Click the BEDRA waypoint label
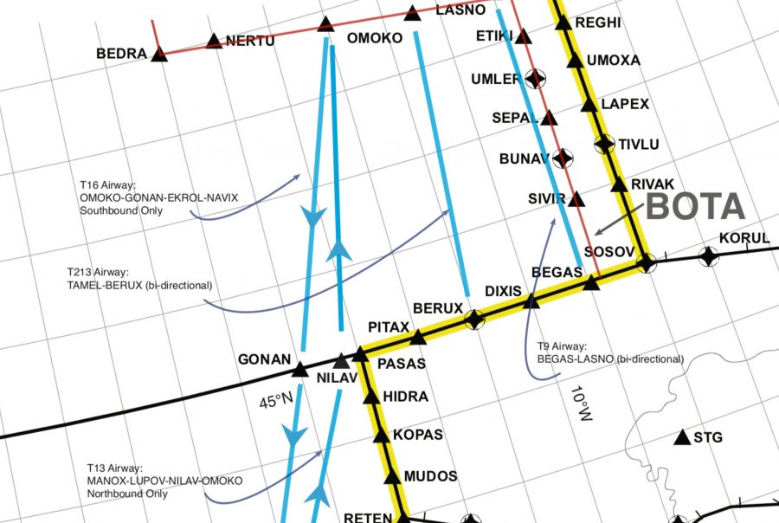[x=121, y=54]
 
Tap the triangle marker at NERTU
[x=215, y=40]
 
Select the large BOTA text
[x=696, y=206]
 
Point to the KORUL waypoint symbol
[x=708, y=255]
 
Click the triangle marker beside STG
[x=682, y=437]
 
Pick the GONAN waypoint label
[x=264, y=359]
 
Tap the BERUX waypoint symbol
[x=473, y=320]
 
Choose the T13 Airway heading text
[x=115, y=468]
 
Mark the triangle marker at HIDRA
[x=371, y=397]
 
